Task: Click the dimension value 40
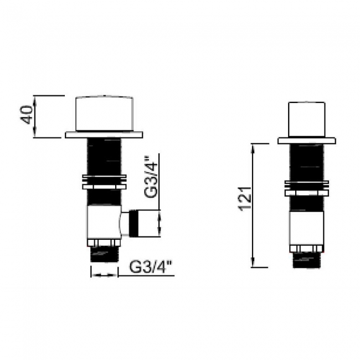pos(25,116)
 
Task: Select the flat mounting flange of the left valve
pos(104,134)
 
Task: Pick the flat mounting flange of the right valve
pos(308,141)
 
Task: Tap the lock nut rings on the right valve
pos(307,188)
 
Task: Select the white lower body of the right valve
pos(307,228)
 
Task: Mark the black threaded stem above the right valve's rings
pos(307,162)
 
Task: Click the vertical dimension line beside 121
pos(253,204)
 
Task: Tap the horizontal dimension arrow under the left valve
pos(104,274)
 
